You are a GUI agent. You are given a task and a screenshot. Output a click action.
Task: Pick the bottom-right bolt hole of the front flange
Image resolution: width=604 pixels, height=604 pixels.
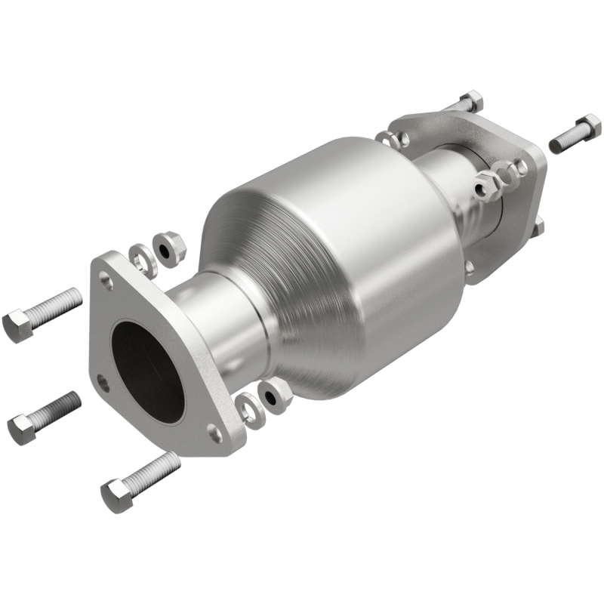pyautogui.click(x=214, y=433)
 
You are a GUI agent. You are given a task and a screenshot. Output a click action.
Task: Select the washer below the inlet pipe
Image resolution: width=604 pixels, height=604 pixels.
pyautogui.click(x=248, y=408)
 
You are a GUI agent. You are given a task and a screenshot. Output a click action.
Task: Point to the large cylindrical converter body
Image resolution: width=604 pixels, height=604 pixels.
pyautogui.click(x=340, y=264)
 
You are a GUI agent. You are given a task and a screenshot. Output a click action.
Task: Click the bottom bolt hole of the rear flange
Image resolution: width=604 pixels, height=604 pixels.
pyautogui.click(x=470, y=265)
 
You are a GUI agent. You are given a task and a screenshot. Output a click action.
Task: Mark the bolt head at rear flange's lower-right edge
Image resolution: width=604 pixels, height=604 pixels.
pyautogui.click(x=537, y=226)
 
